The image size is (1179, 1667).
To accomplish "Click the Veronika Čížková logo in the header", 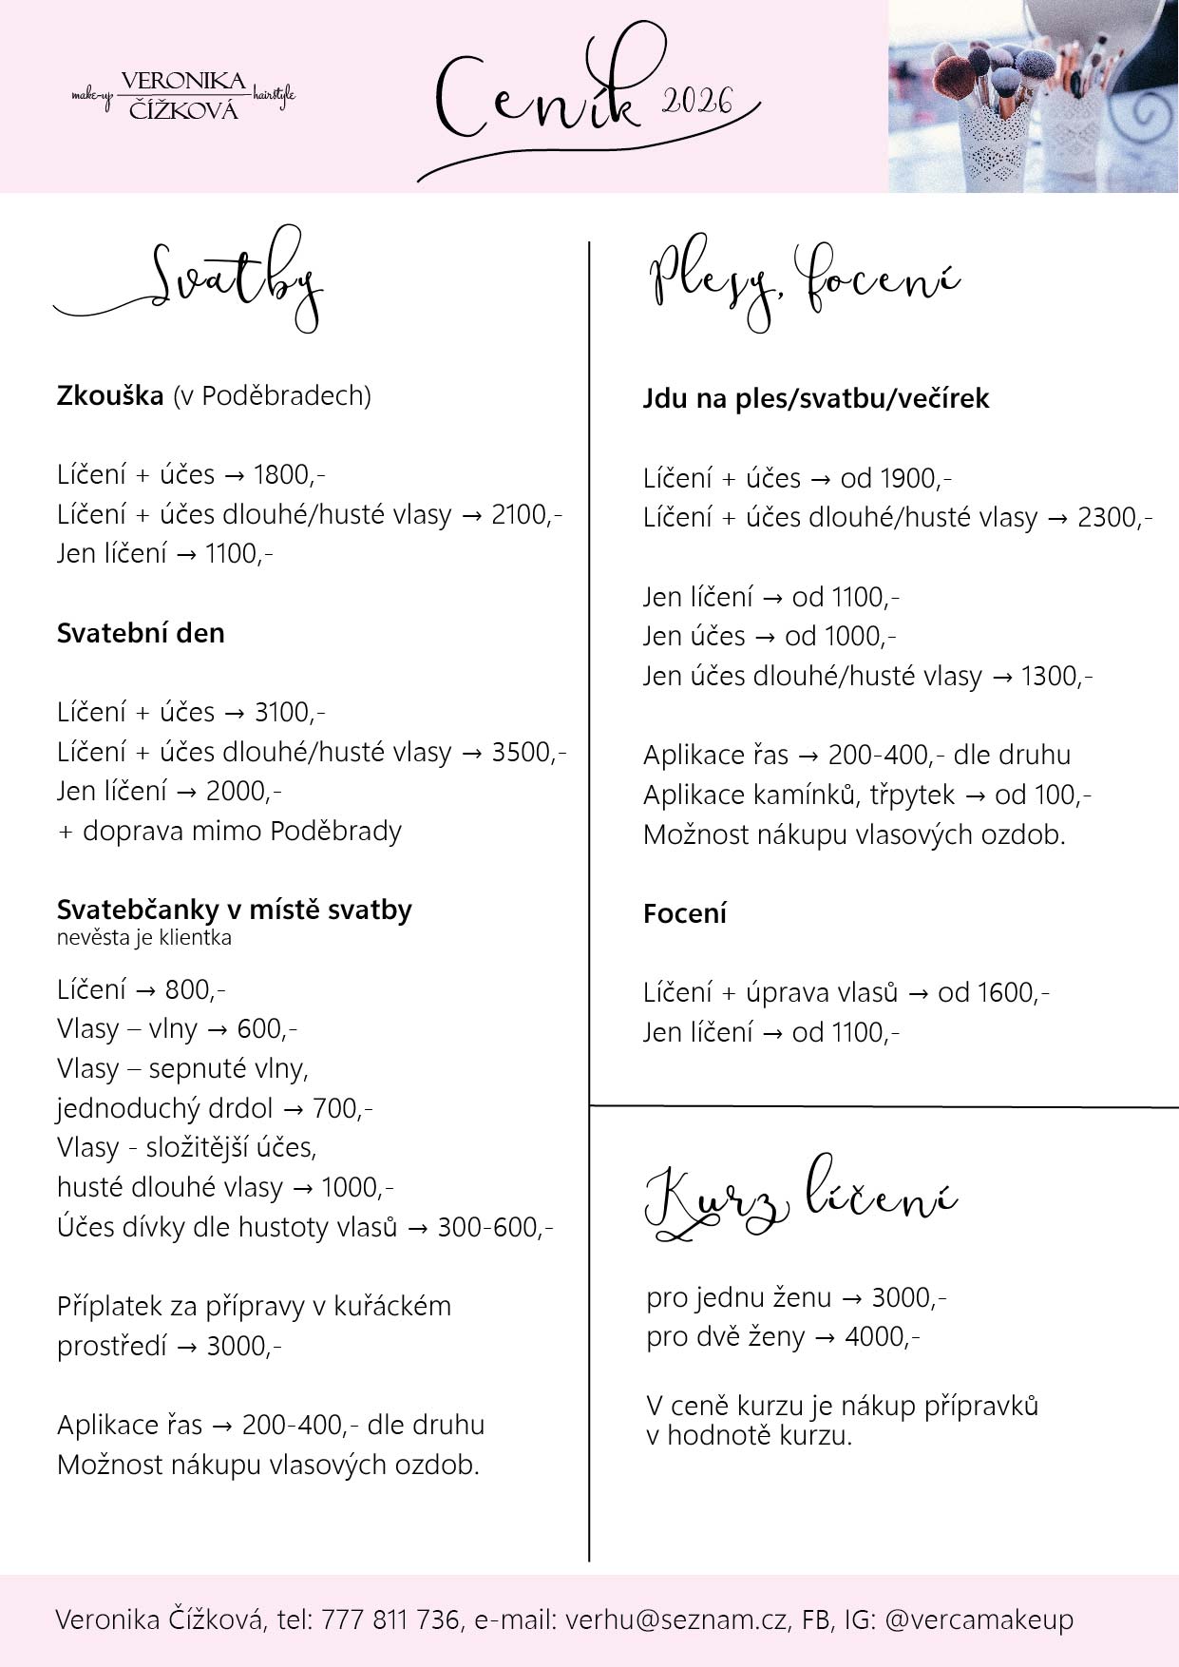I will tap(182, 96).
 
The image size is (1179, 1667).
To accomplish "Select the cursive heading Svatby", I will tap(233, 278).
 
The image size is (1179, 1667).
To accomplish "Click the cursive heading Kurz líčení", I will tap(800, 1200).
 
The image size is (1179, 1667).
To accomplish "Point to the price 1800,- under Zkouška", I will tap(290, 474).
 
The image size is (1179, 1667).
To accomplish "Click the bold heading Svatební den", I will tap(141, 633).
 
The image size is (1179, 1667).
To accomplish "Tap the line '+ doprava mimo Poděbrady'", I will tap(229, 831).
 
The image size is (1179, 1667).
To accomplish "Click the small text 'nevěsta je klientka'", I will tap(143, 938).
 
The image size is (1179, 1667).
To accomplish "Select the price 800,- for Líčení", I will tap(195, 989).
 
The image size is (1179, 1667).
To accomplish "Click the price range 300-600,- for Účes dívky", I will tap(495, 1227).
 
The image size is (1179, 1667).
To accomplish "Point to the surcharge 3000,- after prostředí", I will tap(244, 1346).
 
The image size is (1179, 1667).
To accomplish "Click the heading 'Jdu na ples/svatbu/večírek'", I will tap(816, 397).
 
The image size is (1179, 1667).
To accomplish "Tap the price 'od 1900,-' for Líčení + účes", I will tap(896, 477).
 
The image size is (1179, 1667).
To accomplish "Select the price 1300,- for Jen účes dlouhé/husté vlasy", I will tap(1056, 676).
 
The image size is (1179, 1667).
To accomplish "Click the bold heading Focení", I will tap(684, 913).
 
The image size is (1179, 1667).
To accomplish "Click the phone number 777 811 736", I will tap(390, 1619).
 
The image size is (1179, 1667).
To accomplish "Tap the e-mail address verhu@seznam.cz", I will tap(675, 1619).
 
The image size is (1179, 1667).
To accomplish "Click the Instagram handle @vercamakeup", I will tap(979, 1619).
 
